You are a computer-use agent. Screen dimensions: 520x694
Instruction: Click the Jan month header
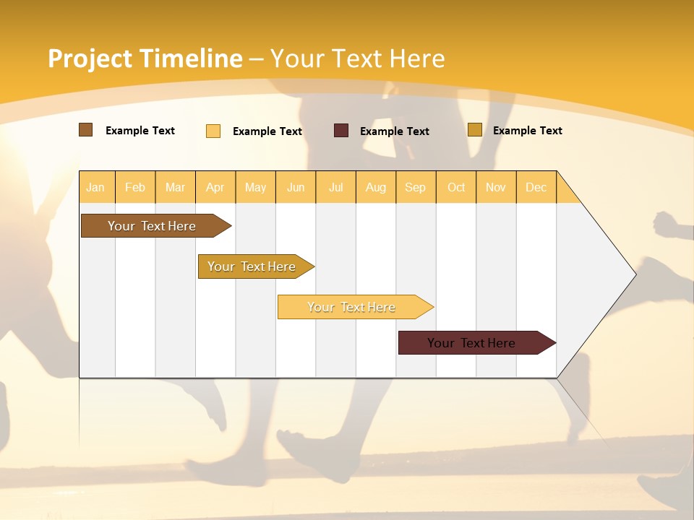[x=96, y=187]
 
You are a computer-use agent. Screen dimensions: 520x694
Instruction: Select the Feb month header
[x=135, y=187]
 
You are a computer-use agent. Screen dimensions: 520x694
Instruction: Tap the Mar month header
[x=175, y=187]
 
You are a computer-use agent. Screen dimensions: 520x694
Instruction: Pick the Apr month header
[x=215, y=187]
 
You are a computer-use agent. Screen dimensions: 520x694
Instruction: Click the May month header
[x=255, y=187]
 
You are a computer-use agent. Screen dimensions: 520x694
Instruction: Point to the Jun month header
[x=296, y=187]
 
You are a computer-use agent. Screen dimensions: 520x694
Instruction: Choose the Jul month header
[x=335, y=187]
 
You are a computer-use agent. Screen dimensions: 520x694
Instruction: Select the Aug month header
[x=376, y=187]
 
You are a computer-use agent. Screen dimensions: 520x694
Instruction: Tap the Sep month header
[x=416, y=187]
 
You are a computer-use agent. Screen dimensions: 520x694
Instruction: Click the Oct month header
[x=456, y=187]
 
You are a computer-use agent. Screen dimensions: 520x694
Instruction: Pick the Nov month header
[x=496, y=187]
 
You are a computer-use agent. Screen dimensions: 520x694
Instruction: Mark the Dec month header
[x=536, y=187]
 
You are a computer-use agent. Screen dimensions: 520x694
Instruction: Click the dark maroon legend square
[x=341, y=131]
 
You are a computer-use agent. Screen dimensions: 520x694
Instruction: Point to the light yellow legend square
[x=213, y=131]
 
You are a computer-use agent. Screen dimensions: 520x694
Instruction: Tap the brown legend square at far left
[x=86, y=130]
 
